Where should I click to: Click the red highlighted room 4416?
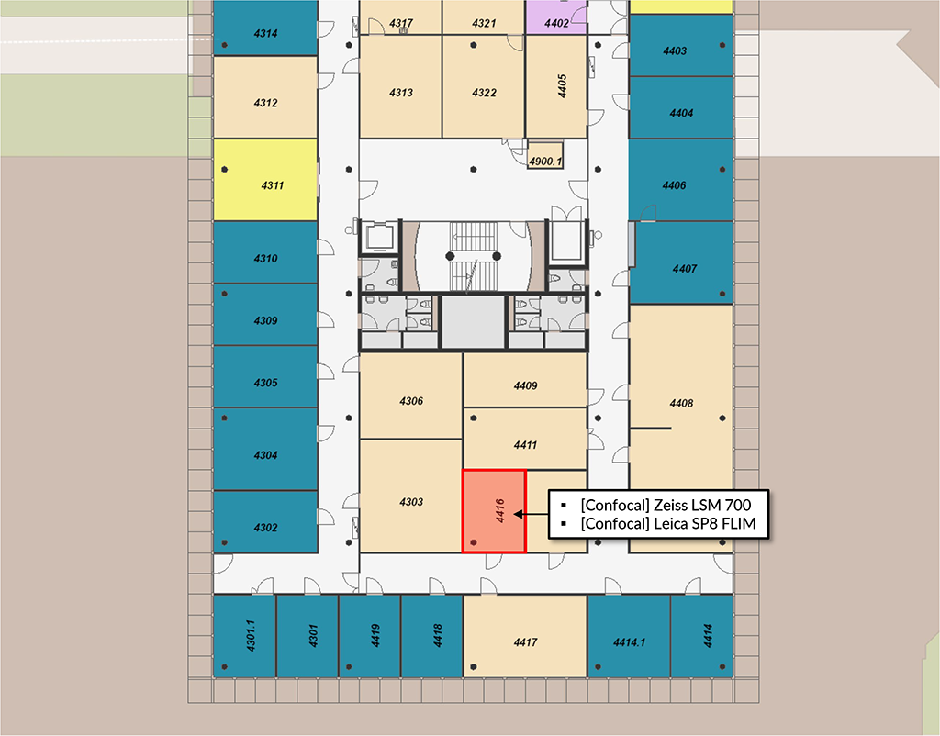pos(494,511)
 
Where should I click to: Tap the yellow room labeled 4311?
pos(265,180)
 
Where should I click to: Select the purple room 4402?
pos(556,17)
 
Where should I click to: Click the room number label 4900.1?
pos(545,162)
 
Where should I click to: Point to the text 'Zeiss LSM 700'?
pos(702,505)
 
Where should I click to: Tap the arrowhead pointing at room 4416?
pos(519,514)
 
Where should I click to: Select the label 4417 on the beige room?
pos(525,642)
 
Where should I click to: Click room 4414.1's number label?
pos(629,642)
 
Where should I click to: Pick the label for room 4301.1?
pos(251,636)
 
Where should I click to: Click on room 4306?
pos(410,396)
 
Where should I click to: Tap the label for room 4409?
pos(525,386)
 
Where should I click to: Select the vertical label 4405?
pos(562,85)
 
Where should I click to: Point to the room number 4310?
pos(265,259)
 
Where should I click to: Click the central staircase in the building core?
pos(474,257)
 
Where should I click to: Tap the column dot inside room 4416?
pos(474,542)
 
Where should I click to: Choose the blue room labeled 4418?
pos(431,636)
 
